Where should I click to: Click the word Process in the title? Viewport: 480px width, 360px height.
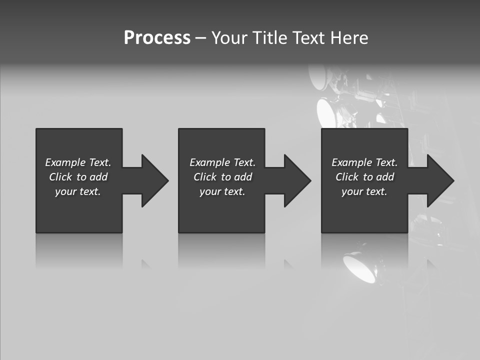pyautogui.click(x=157, y=38)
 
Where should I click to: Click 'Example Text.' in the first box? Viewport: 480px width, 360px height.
pyautogui.click(x=78, y=162)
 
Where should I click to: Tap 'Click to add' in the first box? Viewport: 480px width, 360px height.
pyautogui.click(x=78, y=177)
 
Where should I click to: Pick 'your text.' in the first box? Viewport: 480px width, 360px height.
pyautogui.click(x=78, y=191)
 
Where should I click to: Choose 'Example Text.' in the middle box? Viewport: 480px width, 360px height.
pyautogui.click(x=222, y=162)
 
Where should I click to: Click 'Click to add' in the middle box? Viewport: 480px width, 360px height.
pyautogui.click(x=222, y=177)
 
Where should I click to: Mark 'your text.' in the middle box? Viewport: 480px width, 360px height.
pyautogui.click(x=222, y=191)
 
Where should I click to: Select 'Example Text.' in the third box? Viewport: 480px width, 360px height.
pyautogui.click(x=364, y=162)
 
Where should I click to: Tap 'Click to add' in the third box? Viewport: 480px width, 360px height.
pyautogui.click(x=364, y=177)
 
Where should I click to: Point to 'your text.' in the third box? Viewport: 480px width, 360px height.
pyautogui.click(x=364, y=191)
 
